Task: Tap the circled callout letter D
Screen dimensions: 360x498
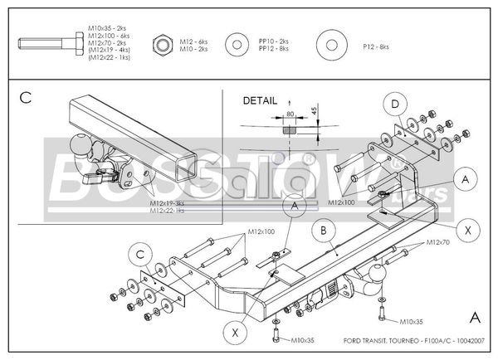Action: click(x=395, y=104)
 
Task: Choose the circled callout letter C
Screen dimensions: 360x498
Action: click(x=142, y=253)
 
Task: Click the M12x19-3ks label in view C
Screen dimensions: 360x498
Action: click(x=168, y=203)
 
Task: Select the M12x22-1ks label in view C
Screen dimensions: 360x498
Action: click(x=168, y=211)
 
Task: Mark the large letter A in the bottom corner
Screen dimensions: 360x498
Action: click(x=474, y=317)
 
